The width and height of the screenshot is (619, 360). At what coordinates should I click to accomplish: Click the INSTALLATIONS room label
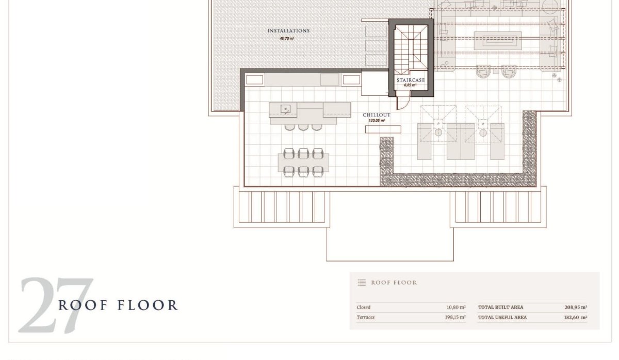click(x=288, y=30)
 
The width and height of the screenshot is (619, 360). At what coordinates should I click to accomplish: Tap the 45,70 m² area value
click(x=287, y=38)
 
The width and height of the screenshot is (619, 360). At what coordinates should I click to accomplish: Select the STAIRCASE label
click(x=411, y=80)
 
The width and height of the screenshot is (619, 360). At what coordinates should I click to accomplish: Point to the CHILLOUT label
click(x=377, y=114)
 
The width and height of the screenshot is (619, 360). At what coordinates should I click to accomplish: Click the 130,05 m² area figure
click(x=377, y=121)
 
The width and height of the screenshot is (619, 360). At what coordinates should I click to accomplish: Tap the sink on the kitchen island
click(x=285, y=109)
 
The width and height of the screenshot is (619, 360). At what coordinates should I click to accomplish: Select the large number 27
click(x=55, y=305)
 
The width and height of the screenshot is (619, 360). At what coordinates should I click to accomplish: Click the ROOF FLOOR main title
click(x=118, y=305)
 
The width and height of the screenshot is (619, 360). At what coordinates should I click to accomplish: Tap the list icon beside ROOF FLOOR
click(x=362, y=282)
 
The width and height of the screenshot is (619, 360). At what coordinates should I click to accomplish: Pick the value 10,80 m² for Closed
click(x=456, y=307)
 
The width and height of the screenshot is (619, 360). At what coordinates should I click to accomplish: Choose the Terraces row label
click(x=365, y=317)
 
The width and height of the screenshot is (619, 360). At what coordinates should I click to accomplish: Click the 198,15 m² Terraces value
click(x=455, y=317)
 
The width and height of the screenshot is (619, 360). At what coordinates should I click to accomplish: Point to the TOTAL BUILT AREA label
click(x=500, y=307)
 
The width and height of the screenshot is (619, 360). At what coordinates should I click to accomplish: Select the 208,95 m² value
click(x=576, y=307)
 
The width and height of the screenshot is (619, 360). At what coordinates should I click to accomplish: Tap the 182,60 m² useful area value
click(x=575, y=318)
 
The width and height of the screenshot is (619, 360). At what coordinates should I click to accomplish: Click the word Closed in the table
click(x=363, y=307)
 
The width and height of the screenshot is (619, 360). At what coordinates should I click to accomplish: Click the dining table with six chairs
click(x=303, y=162)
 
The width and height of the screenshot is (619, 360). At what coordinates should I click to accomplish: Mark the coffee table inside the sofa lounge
click(x=498, y=41)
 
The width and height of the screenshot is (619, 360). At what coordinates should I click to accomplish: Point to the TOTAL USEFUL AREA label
click(x=502, y=318)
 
